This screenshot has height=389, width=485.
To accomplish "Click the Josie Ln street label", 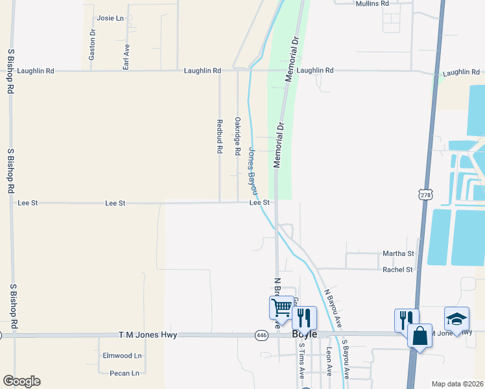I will [x=110, y=18].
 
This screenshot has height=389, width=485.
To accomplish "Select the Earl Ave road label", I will [x=126, y=56].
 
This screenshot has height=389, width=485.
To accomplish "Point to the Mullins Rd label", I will [x=372, y=3].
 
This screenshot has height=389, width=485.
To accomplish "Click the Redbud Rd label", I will [x=220, y=136].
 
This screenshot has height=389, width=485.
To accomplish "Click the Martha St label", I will [x=398, y=253].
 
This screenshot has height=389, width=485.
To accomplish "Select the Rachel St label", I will [x=397, y=270].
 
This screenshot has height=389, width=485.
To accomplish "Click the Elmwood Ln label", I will [x=122, y=356].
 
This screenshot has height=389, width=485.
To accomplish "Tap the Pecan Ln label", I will [x=126, y=373].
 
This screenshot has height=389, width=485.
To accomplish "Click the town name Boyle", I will [x=304, y=335].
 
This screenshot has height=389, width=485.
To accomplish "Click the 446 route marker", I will [x=261, y=335].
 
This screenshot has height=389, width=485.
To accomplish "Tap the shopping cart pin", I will [x=282, y=307].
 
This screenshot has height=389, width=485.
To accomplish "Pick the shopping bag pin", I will [x=420, y=336].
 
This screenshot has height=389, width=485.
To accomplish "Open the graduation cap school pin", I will [x=456, y=319].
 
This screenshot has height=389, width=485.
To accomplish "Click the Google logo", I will [x=21, y=381].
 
